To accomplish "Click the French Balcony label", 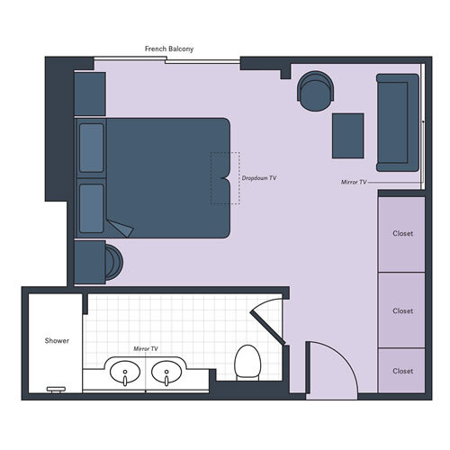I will (x=169, y=49).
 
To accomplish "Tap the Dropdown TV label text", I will (x=259, y=178).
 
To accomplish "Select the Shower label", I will (x=58, y=341).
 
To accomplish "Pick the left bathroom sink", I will (x=123, y=371).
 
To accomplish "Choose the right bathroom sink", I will (x=166, y=371).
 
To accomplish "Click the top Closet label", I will (x=402, y=234).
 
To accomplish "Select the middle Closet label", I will (x=402, y=311).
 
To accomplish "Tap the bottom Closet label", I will (x=402, y=371).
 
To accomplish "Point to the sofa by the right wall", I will (x=397, y=121).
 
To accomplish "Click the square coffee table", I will (x=347, y=135).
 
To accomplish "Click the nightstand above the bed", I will (x=90, y=93).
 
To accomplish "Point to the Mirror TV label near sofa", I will (x=355, y=182).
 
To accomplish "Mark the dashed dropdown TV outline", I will (x=225, y=178).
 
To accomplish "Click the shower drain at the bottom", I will (x=56, y=389).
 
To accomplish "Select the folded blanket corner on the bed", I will (x=119, y=228).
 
